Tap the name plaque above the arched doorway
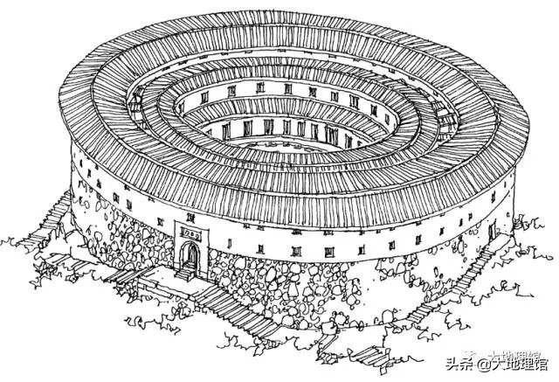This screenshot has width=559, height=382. click(x=190, y=233)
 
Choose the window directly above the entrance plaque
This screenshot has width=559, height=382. click(x=190, y=212)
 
